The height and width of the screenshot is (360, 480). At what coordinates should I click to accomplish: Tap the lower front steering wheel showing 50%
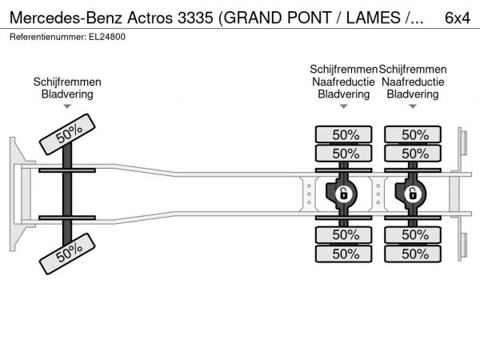click(x=69, y=255)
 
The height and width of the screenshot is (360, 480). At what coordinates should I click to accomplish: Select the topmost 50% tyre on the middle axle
click(x=345, y=134)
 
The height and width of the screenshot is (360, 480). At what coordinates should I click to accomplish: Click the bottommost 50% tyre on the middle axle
click(x=345, y=254)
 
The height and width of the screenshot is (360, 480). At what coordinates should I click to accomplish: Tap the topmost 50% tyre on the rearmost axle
click(x=414, y=134)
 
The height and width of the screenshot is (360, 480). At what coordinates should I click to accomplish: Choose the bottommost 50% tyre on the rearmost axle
click(x=414, y=254)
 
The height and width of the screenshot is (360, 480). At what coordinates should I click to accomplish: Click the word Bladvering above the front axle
click(x=67, y=94)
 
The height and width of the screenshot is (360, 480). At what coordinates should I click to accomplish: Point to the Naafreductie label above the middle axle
click(x=344, y=82)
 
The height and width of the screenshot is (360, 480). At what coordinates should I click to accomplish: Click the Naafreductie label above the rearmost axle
click(x=413, y=82)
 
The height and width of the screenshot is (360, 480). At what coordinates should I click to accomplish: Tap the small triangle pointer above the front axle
click(x=67, y=106)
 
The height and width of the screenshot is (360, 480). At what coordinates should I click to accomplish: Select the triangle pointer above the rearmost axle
click(x=413, y=106)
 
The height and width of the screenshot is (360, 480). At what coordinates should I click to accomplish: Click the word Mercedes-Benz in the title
click(x=56, y=17)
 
